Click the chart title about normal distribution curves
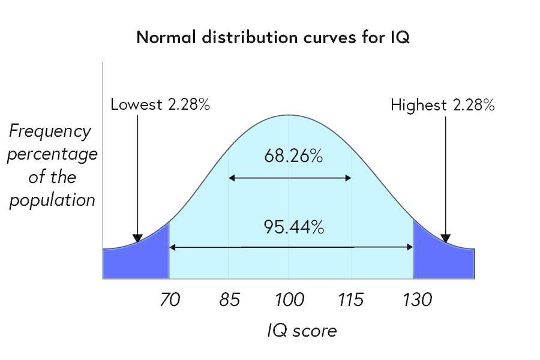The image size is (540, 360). pos(273,37)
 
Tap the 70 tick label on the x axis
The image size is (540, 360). pos(170,299)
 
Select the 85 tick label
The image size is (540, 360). pos(229,299)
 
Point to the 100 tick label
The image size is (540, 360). pos(290,299)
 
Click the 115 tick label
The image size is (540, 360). pos(350,299)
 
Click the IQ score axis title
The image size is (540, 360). pos(302,331)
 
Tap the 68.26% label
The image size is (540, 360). pos(293,157)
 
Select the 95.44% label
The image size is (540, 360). pos(293,227)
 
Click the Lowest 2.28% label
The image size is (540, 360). pos(160,105)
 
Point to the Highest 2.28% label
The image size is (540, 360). pos(442,106)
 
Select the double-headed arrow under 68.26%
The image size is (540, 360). pos(290,178)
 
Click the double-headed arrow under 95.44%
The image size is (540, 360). pos(291,247)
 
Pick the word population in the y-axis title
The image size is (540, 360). pos(52,200)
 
